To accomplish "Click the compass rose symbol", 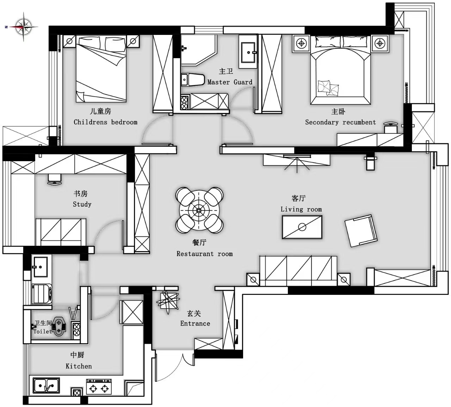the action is pos(24,27).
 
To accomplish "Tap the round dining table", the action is pos(199,211).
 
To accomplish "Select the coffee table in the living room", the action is pos(302,227).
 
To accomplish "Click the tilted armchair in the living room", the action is pos(361,231).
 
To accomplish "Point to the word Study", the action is pos(82,204).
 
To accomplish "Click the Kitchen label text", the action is pos(79,366).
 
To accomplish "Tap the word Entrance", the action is pos(195,323).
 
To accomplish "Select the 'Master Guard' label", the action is pos(230,82).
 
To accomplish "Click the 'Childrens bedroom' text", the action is pos(105,122).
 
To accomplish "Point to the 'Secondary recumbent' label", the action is pos(340,122).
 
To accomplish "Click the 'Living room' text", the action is pos(301,209).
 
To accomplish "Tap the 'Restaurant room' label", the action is pos(205,254).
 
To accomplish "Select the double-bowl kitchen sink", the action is pos(46,385).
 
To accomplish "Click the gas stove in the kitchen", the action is pos(99,386).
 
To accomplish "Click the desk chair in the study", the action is pos(55,180).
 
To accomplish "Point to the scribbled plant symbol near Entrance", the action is pos(168,302).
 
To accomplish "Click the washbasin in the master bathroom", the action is pos(248,52).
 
